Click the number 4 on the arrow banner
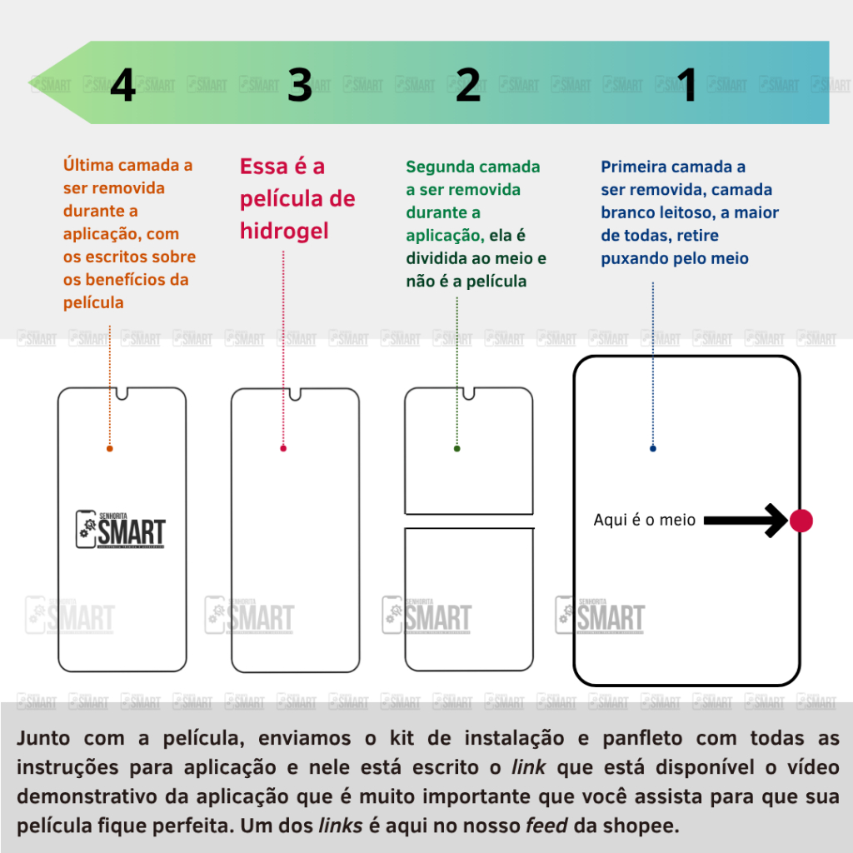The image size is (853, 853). (x=123, y=85)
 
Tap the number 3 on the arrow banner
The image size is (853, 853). (x=300, y=85)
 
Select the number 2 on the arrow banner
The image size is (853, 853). (x=468, y=85)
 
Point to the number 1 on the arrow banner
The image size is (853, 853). (x=687, y=85)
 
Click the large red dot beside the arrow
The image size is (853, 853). (x=801, y=521)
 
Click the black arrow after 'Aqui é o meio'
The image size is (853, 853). (x=746, y=521)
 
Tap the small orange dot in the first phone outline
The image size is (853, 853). (x=110, y=448)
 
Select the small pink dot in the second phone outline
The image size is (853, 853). (x=283, y=448)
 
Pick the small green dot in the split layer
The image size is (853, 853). (x=457, y=448)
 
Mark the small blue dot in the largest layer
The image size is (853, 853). (x=653, y=448)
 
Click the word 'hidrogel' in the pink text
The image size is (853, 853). (x=285, y=232)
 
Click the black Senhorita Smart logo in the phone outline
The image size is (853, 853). (x=120, y=529)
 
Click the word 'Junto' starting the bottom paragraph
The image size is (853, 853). (x=43, y=738)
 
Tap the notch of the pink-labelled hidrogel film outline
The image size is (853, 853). (x=295, y=394)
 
